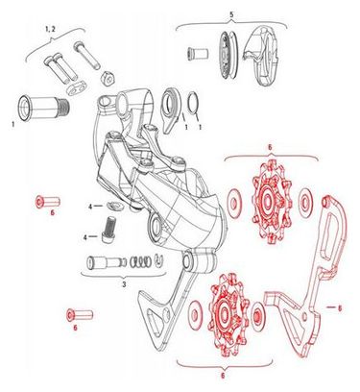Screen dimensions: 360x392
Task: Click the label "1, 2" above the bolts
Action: coord(50,29)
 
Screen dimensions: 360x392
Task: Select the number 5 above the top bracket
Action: coord(231,14)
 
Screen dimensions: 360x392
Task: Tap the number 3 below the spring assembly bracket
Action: coord(124,284)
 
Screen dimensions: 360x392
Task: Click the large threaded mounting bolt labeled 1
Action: coord(44,109)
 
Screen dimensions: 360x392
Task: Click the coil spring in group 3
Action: coord(140,261)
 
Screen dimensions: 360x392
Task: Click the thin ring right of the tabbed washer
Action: coord(194,103)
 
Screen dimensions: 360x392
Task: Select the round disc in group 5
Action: coord(228,55)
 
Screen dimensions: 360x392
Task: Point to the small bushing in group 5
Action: coord(197,54)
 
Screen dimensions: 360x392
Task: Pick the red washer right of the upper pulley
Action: coord(306,202)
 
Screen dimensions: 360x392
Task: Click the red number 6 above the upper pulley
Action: coord(270,148)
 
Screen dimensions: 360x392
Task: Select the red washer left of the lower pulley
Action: coord(196,315)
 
